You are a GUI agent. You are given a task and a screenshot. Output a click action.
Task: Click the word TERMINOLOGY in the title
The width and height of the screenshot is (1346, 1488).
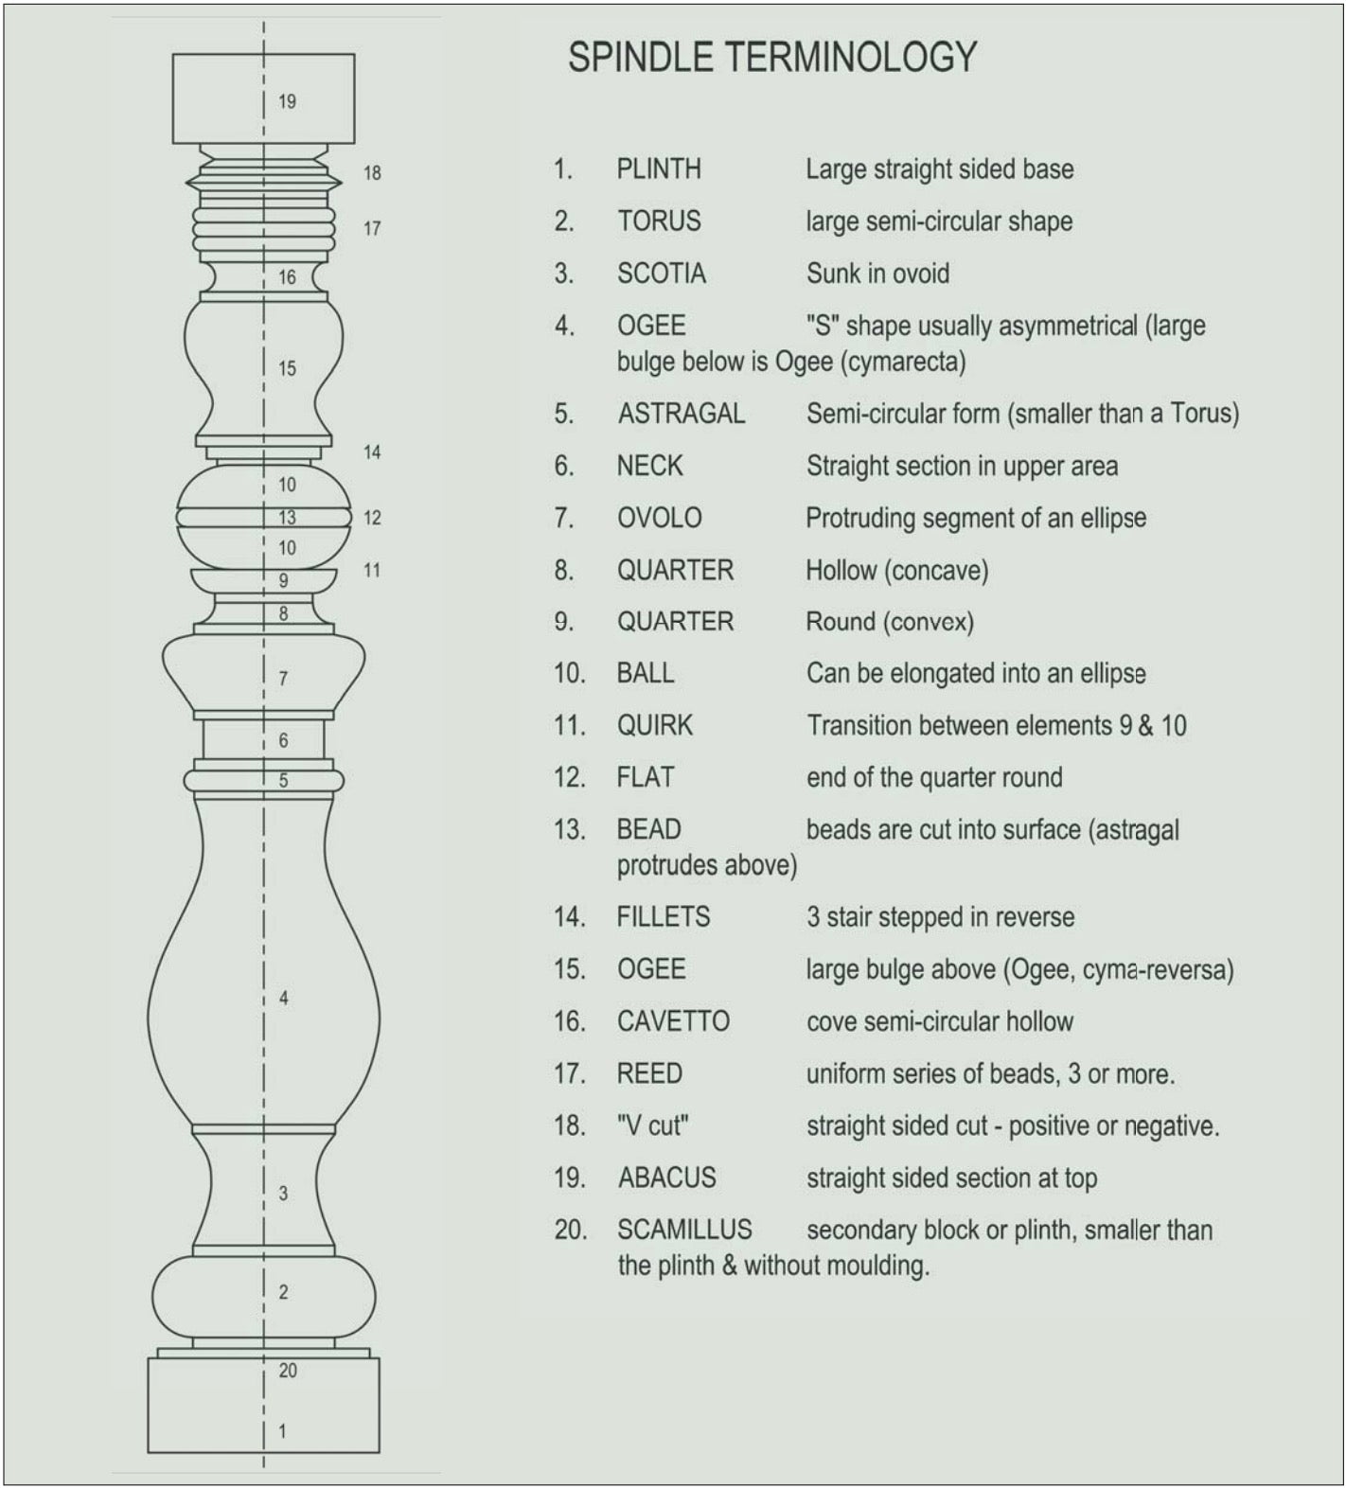tap(851, 58)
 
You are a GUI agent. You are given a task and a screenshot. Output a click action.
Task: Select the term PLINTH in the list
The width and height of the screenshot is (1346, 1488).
tap(659, 169)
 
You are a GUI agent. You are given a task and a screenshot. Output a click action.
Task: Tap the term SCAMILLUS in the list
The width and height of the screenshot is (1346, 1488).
tap(684, 1230)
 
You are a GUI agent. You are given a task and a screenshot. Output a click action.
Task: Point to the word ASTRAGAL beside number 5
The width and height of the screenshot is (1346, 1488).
tap(682, 414)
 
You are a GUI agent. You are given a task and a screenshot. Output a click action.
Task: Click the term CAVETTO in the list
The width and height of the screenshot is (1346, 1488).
tap(673, 1021)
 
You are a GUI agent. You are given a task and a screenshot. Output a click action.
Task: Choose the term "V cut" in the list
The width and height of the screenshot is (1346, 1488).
tap(652, 1125)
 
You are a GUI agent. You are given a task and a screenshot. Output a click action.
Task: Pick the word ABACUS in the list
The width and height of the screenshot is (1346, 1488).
tap(667, 1178)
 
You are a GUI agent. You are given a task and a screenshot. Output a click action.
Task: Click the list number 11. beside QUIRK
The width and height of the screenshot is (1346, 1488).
tap(570, 725)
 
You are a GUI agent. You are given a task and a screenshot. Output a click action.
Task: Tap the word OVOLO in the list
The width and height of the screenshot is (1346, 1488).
tap(660, 518)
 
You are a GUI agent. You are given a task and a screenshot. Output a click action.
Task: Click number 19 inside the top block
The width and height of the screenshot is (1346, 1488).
tap(287, 101)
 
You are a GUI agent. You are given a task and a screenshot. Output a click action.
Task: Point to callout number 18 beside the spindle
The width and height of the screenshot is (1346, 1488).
tap(372, 173)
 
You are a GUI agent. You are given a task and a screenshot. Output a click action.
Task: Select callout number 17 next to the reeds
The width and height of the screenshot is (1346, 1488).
tap(372, 228)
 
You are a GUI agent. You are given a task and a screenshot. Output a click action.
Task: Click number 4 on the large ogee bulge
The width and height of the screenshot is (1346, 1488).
tap(283, 998)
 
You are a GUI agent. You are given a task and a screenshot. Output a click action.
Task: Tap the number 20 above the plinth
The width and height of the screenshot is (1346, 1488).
tap(288, 1370)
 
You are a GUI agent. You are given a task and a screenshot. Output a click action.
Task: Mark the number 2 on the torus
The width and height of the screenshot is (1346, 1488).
tap(283, 1292)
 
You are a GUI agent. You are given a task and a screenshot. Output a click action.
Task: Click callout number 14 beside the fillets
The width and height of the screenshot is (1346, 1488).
tap(372, 452)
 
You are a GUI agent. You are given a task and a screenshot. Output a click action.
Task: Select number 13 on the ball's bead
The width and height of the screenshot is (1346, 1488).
tap(287, 518)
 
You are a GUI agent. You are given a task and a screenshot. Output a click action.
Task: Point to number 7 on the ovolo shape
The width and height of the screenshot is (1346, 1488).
tap(283, 679)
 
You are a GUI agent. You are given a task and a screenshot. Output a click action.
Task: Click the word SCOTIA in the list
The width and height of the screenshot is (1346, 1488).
tap(662, 274)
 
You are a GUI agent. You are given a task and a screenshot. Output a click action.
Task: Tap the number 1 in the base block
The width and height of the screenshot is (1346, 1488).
tap(282, 1431)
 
